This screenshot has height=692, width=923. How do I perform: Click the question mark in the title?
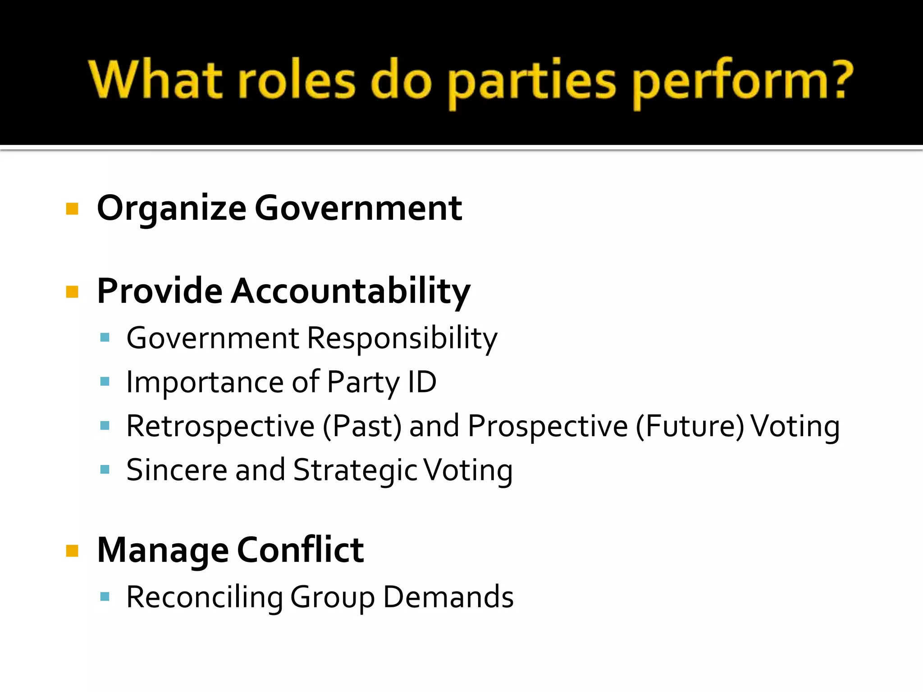click(839, 80)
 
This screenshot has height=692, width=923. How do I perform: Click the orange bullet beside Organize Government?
click(72, 209)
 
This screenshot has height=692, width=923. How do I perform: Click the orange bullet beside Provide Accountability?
click(72, 292)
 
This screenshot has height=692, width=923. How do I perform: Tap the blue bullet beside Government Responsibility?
click(105, 338)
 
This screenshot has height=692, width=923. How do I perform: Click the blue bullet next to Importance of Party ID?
click(105, 382)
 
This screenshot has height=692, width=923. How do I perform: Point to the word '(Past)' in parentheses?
click(362, 426)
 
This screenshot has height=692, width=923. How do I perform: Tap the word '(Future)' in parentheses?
click(690, 426)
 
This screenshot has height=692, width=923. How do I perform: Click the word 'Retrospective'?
click(220, 426)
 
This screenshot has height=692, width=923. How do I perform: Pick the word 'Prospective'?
click(548, 426)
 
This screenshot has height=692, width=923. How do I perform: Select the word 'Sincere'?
click(177, 470)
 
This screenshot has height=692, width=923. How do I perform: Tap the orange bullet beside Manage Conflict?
click(72, 551)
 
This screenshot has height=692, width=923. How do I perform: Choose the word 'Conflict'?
click(300, 550)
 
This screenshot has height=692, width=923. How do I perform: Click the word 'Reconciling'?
click(204, 597)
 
